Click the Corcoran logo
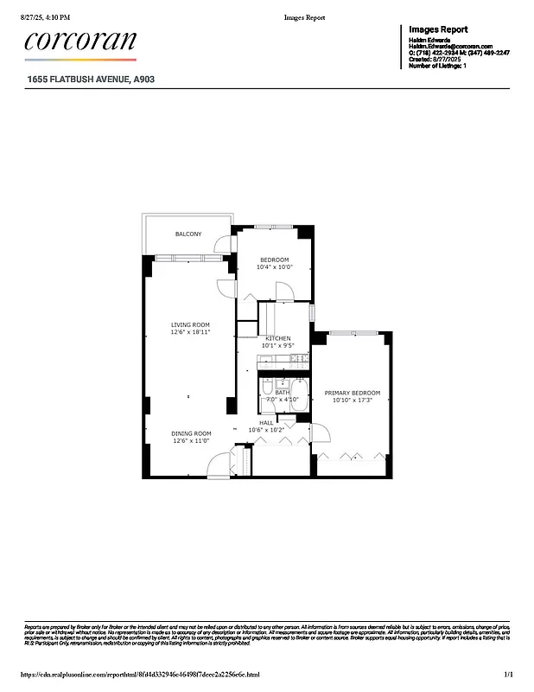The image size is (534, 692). point(79,42)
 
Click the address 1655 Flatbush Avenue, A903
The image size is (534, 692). point(90,79)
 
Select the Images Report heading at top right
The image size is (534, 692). point(438,29)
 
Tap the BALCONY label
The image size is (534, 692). point(188,234)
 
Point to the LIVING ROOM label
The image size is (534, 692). point(189,325)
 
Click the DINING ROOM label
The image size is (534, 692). point(191,433)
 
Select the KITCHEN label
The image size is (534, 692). point(278,338)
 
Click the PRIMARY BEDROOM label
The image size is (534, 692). point(352,393)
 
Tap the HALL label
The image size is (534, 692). point(266,423)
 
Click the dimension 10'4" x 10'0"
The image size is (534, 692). point(275,267)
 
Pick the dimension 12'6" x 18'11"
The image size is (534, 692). point(189,332)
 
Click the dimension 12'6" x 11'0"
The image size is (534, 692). point(191,440)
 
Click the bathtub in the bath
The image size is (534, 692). point(299,394)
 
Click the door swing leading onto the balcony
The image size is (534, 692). point(223,244)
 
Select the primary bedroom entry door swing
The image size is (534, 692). point(318,430)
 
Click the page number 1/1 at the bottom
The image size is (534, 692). point(509,675)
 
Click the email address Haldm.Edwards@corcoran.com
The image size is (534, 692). point(450,46)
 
